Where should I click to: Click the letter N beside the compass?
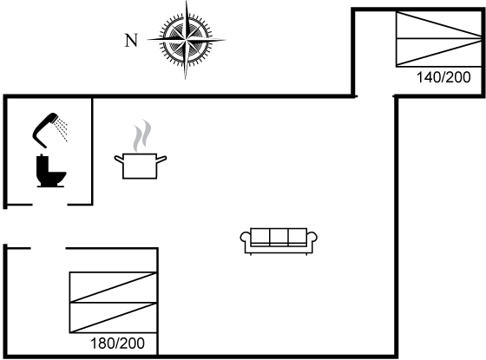point(131,40)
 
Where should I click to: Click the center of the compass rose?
point(186,40)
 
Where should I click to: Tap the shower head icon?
point(45,130)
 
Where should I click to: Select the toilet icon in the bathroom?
point(50,171)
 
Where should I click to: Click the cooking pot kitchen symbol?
point(140,166)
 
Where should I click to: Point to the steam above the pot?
point(142,135)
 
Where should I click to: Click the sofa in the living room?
point(279,241)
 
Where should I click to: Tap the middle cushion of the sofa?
point(279,237)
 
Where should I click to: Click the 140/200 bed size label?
point(443,77)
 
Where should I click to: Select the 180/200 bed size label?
point(117,344)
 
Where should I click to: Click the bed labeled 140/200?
point(438,39)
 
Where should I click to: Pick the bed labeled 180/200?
point(113,303)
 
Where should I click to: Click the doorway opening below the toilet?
point(50,205)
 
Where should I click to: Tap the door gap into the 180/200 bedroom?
point(48,248)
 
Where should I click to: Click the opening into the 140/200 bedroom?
point(375,96)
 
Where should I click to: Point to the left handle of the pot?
point(119,160)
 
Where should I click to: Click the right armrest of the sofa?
point(312,238)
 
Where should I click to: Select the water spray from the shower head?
point(61,130)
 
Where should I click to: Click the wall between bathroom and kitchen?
point(92,151)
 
